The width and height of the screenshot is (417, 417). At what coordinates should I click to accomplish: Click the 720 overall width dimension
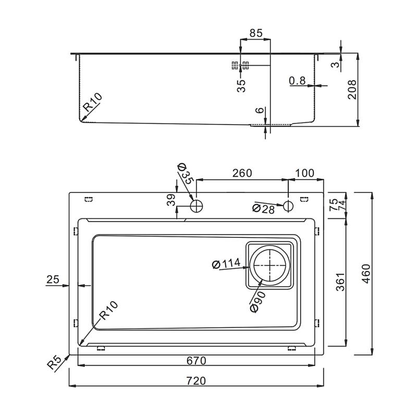pos(197,381)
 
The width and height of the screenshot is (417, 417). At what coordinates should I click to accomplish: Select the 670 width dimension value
pos(197,361)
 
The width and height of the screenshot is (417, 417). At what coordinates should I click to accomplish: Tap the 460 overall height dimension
pos(366,274)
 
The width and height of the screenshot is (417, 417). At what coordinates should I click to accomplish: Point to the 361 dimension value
pos(340,281)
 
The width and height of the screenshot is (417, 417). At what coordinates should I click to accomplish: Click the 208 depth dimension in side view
pos(352,89)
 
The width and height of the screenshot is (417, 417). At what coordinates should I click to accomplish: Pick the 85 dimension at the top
pos(256,33)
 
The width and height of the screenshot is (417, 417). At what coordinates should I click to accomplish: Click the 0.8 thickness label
pos(297,80)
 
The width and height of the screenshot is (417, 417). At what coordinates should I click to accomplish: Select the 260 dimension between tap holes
pos(242,173)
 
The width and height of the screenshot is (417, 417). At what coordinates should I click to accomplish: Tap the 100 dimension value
pos(305,173)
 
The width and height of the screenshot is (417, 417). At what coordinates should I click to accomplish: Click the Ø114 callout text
pos(226,264)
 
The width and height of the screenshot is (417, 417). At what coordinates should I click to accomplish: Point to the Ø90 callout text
pos(257,302)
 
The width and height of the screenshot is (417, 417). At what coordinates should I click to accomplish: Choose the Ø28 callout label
pos(263,209)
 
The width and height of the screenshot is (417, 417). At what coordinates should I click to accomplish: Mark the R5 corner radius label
pos(55,362)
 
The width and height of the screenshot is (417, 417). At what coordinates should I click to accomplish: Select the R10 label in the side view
pos(92,102)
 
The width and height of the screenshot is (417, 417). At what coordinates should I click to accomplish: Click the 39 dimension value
pos(171,200)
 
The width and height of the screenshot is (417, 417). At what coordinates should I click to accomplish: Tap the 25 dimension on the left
pos(53,279)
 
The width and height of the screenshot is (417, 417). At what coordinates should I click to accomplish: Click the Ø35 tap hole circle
pos(197,206)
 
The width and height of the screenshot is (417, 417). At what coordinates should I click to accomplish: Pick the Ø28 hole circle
pos(288,206)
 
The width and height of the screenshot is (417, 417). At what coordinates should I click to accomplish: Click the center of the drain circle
pos(270,265)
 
